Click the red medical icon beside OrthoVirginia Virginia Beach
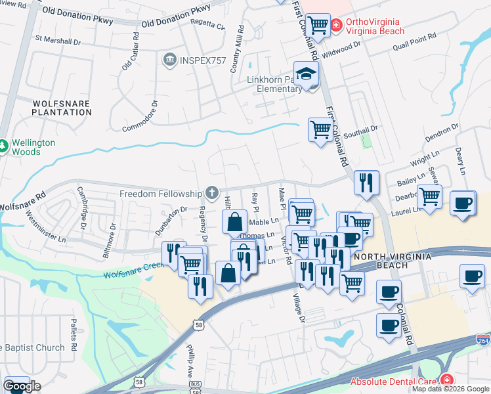336,25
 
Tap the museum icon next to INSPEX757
169,60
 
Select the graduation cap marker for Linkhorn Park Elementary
306,73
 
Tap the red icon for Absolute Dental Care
446,380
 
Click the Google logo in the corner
22,386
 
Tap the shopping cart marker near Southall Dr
320,131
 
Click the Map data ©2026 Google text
450,389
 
